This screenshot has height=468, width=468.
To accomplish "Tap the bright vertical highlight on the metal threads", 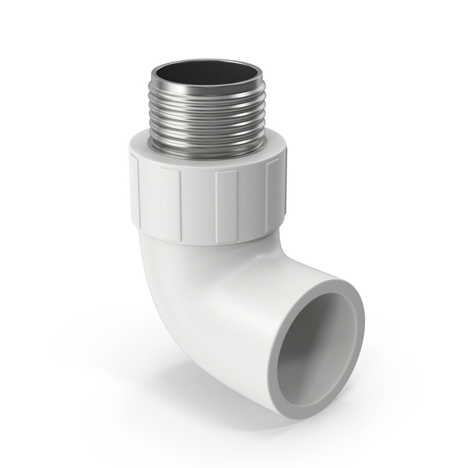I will (177, 117).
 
